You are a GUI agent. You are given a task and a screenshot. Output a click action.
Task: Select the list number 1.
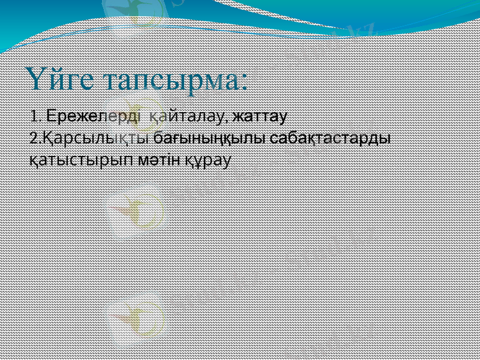point(34,115)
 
